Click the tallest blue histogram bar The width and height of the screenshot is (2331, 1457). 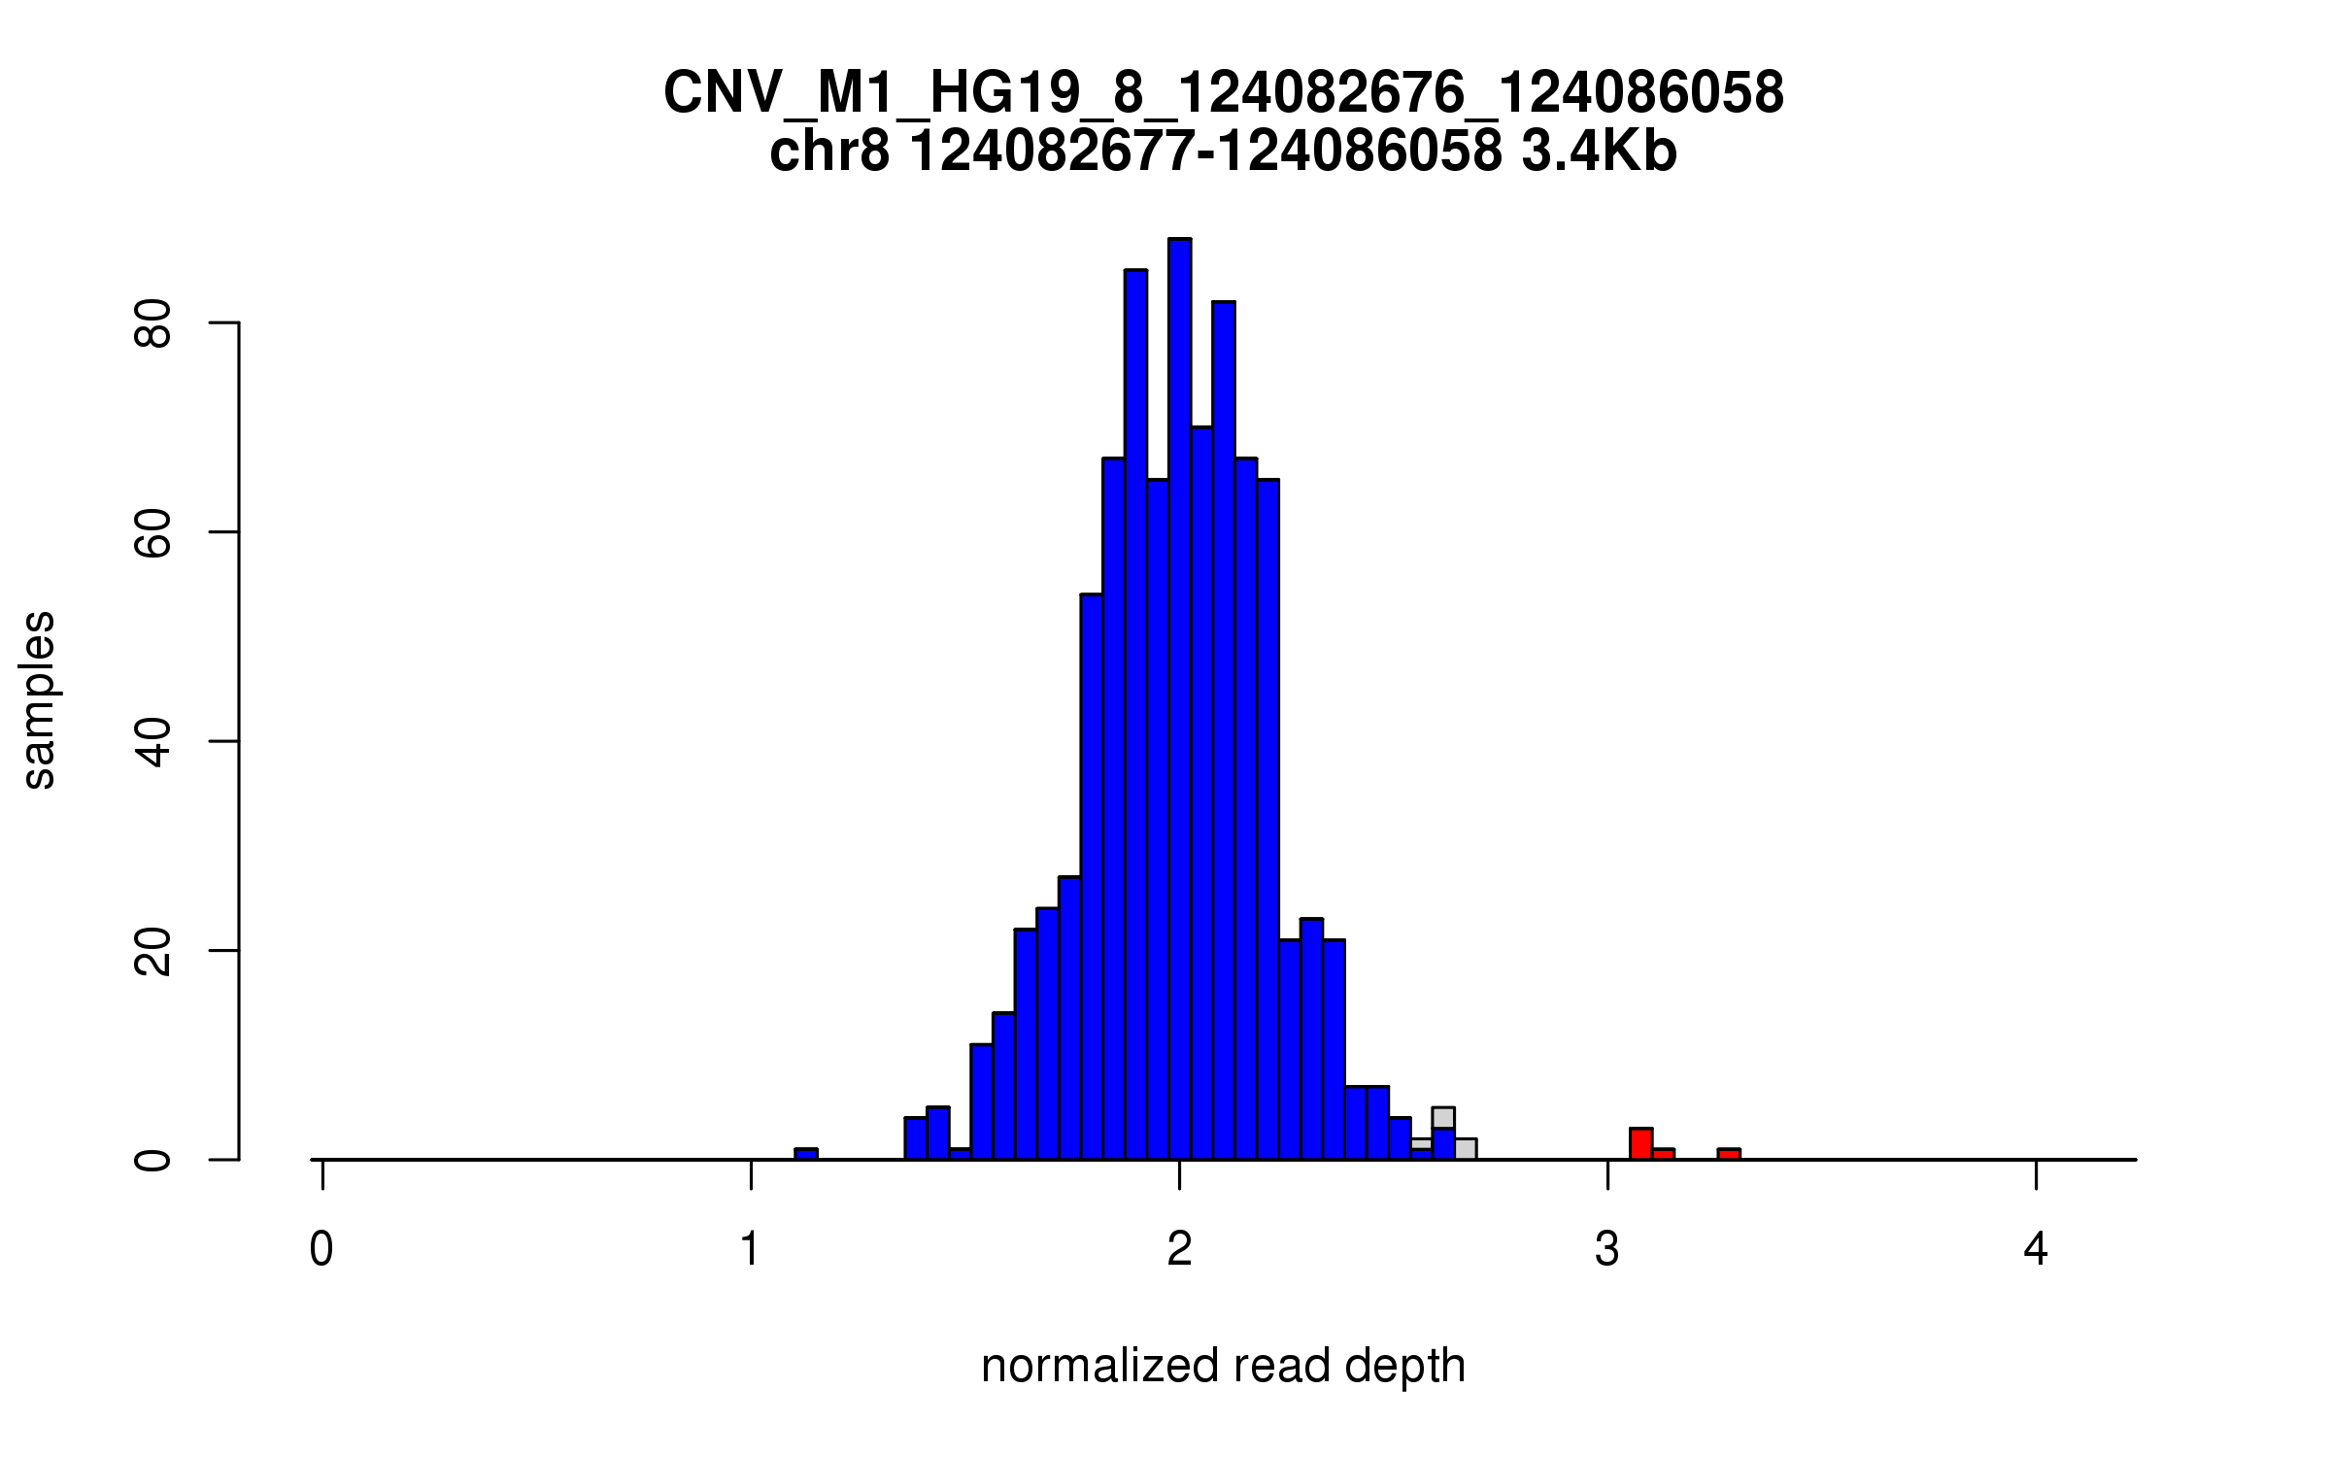(1179, 699)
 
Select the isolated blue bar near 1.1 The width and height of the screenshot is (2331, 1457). (806, 1154)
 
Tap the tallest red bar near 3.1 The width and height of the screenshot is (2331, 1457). (1640, 1143)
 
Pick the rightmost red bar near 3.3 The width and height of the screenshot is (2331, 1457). (1729, 1154)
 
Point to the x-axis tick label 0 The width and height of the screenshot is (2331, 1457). (321, 1249)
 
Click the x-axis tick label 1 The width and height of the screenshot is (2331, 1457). (750, 1249)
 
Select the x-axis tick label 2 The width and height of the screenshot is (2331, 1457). (1179, 1249)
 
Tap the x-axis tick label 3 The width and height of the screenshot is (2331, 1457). (1607, 1249)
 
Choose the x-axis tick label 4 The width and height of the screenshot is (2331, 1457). (2036, 1249)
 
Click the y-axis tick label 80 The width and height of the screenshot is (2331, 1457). (152, 323)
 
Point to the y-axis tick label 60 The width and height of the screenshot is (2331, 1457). (152, 532)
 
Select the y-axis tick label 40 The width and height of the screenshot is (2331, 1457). (152, 742)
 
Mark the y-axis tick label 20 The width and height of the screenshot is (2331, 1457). (152, 951)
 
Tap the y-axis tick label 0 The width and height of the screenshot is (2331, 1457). (152, 1160)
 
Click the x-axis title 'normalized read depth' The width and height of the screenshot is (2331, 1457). (1223, 1366)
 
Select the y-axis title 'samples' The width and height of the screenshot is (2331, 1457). (39, 699)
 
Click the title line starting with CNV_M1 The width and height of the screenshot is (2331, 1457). (1223, 93)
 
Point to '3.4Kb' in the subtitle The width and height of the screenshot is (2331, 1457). (1599, 152)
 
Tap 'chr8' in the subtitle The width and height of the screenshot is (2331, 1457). (828, 152)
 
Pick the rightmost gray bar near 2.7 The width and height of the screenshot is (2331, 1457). (1465, 1149)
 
